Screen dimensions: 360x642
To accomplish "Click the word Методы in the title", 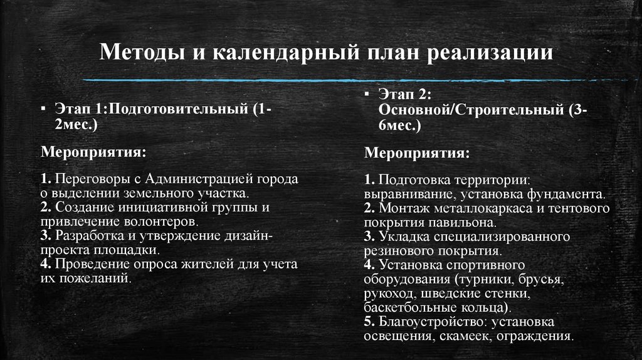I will click(x=142, y=52).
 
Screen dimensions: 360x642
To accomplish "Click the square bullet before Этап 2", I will click(x=366, y=93).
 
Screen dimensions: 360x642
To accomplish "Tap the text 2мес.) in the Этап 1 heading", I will click(x=76, y=125).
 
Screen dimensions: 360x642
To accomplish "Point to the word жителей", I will click(x=211, y=265).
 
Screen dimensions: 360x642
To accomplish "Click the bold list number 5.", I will click(x=367, y=322).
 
